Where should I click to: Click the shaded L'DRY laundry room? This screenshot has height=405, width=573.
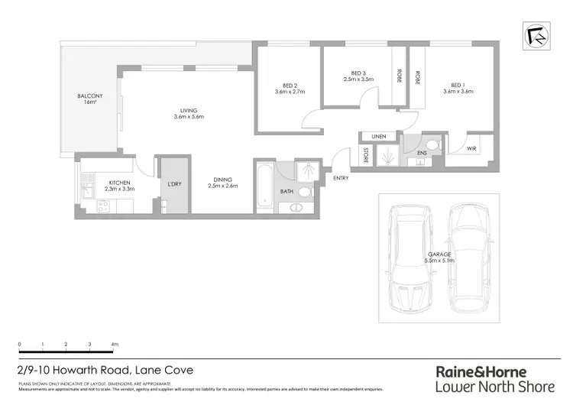click(173, 185)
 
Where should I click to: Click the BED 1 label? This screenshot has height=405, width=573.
click(458, 88)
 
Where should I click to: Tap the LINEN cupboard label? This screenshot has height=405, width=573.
click(379, 137)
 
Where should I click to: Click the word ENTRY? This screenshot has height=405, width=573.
click(342, 178)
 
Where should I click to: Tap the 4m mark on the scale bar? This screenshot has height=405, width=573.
click(115, 345)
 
